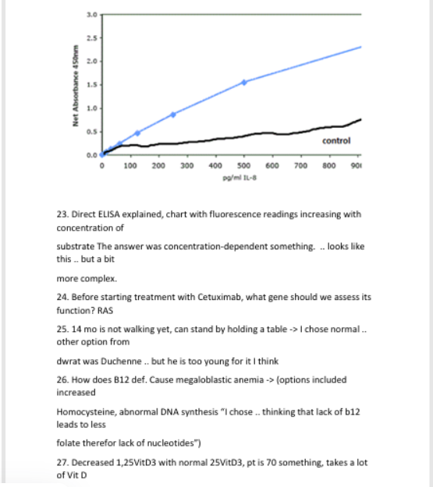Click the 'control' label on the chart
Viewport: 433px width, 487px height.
pos(336,140)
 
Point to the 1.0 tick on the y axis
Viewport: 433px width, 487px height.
pos(91,108)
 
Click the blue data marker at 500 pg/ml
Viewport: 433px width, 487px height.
pos(244,82)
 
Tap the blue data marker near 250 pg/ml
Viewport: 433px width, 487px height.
pos(173,114)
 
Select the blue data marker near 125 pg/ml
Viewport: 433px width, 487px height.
pos(137,132)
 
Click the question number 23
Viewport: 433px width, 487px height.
pos(62,214)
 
